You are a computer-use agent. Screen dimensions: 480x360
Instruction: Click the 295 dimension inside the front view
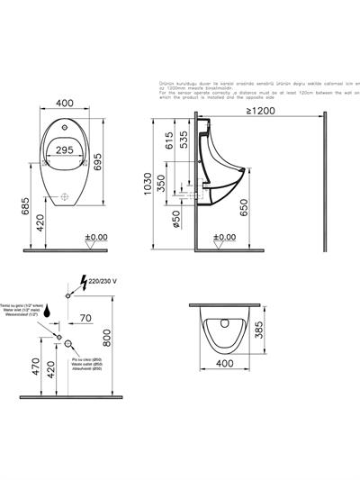(x=64, y=149)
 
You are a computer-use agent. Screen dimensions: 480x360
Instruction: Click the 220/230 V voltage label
(x=102, y=281)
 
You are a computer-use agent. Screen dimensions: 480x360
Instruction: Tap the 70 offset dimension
(x=83, y=318)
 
